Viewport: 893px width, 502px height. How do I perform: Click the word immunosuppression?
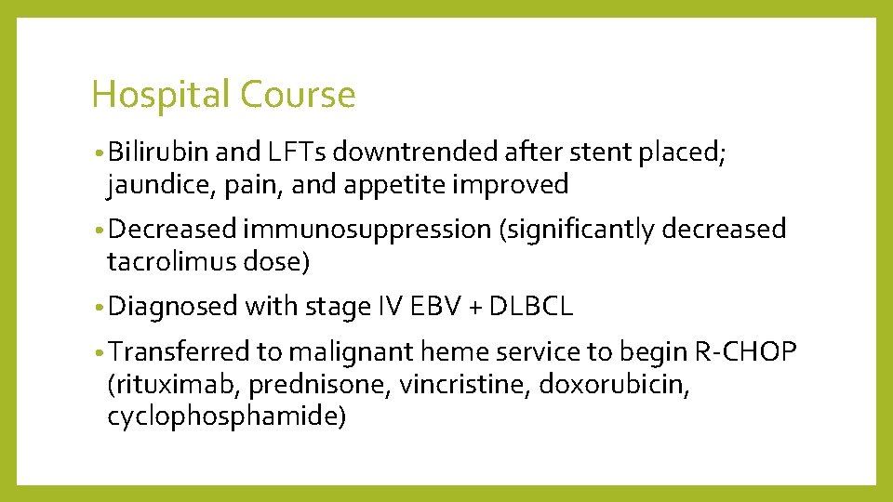[367, 229]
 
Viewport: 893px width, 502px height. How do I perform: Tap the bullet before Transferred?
[99, 351]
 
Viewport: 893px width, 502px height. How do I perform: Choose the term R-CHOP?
[745, 350]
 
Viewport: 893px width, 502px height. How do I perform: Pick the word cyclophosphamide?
[227, 417]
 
